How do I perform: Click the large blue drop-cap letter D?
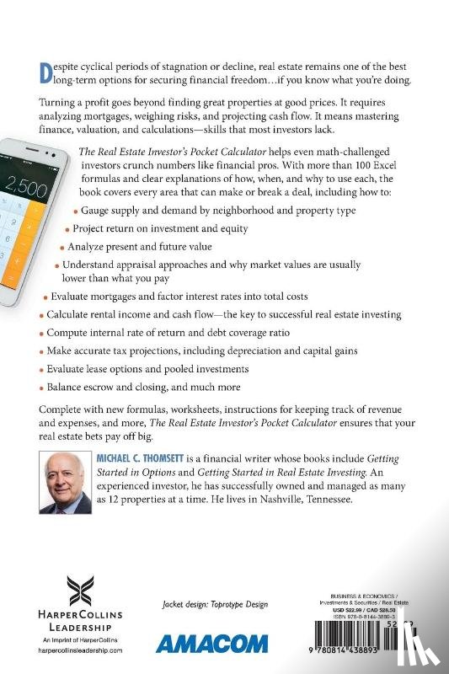point(47,74)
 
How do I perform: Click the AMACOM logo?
point(203,645)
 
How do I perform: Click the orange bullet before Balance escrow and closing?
point(40,388)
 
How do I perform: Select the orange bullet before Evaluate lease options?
point(40,369)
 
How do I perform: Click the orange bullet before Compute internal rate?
point(40,332)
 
